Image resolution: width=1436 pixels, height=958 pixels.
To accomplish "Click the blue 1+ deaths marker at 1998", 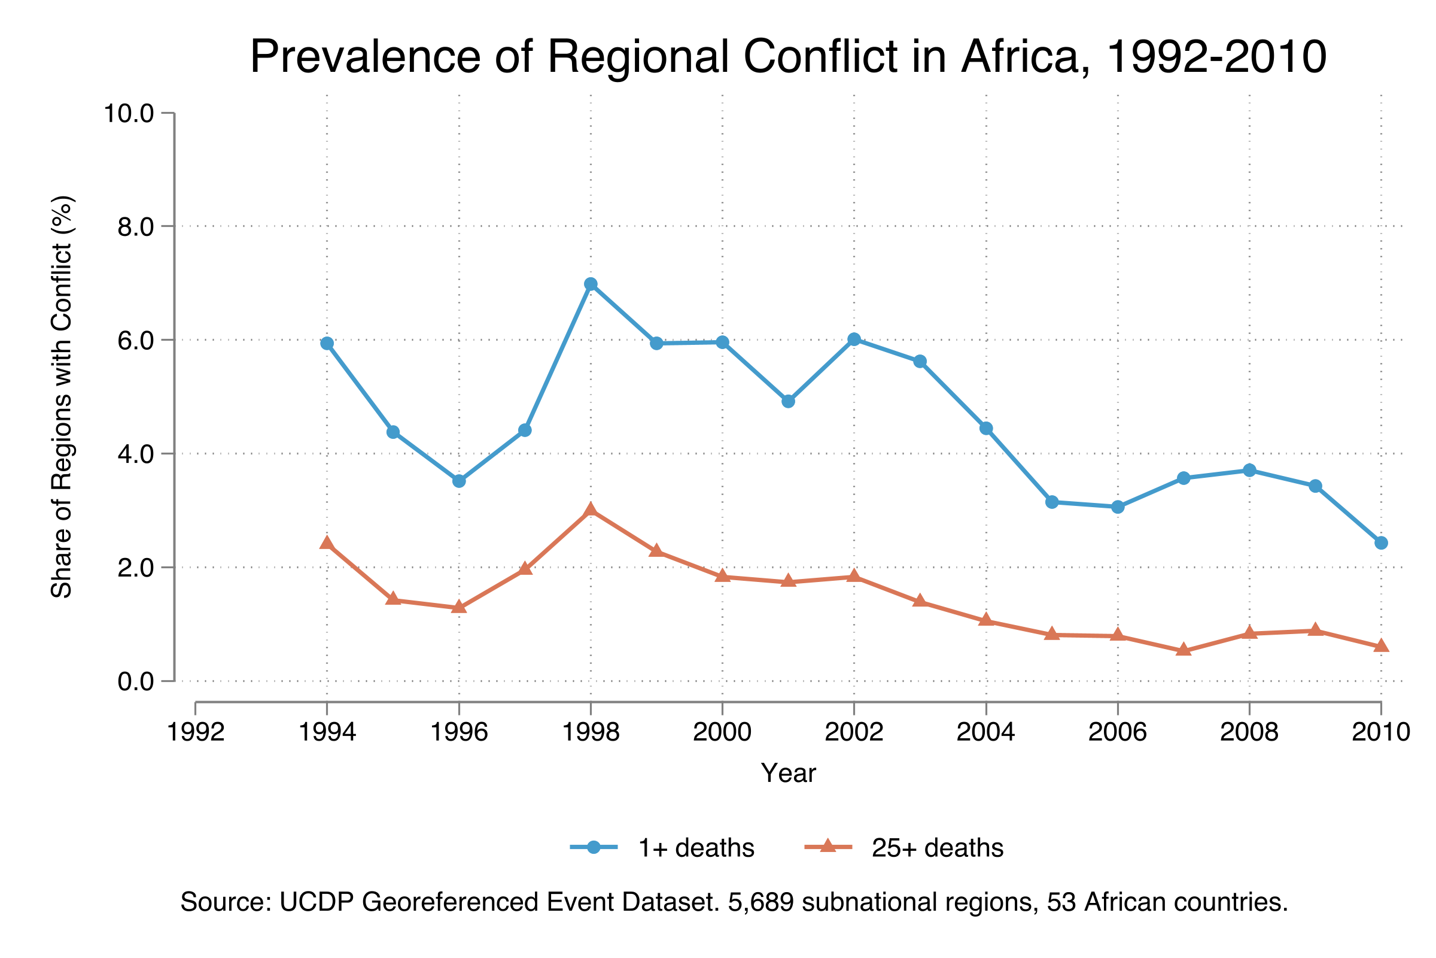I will coord(591,284).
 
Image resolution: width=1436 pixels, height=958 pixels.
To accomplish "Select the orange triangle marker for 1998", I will coord(591,510).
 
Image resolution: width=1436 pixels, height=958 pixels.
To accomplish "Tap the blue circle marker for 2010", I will coord(1381,543).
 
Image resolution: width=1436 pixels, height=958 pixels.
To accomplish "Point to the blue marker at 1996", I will coord(459,481).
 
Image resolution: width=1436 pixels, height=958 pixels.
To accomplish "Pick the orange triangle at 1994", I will coord(327,543).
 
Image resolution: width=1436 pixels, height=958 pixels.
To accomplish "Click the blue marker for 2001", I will coord(788,401).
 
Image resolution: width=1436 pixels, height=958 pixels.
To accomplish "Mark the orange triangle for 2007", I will coord(1184,650).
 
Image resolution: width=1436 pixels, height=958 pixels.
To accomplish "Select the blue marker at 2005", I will coord(1052,502).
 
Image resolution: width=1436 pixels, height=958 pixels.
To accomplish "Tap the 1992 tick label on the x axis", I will coord(196,732).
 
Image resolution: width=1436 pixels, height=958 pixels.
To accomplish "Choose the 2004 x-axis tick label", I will coord(985,732).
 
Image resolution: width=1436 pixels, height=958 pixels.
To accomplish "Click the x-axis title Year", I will coord(788,774).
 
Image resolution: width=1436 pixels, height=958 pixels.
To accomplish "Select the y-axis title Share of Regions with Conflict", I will coord(62,397).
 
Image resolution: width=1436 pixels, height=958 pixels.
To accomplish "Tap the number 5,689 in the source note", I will coord(760,902).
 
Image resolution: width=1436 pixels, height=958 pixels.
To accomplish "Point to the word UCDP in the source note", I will coord(317,902).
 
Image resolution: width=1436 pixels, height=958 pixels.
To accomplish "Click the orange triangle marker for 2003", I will coord(920,601).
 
